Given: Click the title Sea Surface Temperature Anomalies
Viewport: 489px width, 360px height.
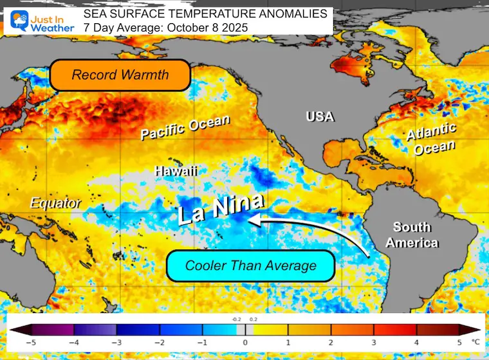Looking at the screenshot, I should point(205,14).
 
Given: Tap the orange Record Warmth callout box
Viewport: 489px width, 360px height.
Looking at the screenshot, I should point(120,75).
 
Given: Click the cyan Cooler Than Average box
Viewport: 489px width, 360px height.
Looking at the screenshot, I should point(251,265).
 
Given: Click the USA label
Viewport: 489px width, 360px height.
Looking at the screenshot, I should point(320,116).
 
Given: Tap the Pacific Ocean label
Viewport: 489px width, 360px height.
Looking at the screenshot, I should point(186,127).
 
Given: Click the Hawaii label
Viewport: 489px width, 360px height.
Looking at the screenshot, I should point(176,171).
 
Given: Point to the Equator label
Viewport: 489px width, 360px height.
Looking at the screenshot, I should point(55,204).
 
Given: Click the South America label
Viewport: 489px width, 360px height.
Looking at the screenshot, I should point(416,235).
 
